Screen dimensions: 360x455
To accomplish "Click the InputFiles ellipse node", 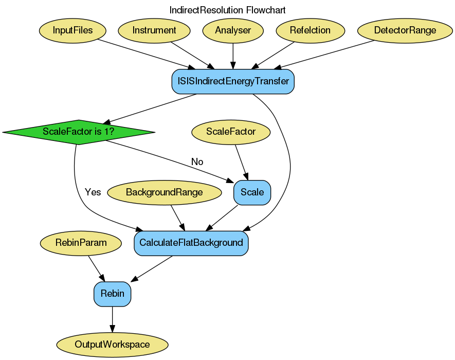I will (72, 30).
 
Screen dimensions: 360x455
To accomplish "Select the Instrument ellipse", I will (154, 30).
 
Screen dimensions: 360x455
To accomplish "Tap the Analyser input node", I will (233, 30).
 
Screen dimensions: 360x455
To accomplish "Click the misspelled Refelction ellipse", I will (310, 30).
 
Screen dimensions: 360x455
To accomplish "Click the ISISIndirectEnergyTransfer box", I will (233, 81).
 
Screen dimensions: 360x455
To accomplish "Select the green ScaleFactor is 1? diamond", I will (79, 132).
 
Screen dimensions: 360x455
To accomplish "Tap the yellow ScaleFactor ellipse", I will (231, 132).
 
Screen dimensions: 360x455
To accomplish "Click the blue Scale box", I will (252, 192).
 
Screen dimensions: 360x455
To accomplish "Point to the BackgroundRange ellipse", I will (164, 192).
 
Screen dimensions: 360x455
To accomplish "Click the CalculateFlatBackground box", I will (191, 243).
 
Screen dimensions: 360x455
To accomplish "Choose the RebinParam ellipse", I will (81, 243).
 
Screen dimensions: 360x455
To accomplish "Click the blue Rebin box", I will (112, 294).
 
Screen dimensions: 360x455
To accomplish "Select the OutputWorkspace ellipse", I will (112, 345).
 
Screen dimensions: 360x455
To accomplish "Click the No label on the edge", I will (197, 162).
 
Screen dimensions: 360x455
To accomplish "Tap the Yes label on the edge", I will (93, 192).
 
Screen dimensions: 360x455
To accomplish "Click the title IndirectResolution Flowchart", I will (227, 10).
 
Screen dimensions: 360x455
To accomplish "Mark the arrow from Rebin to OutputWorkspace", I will (112, 319).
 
